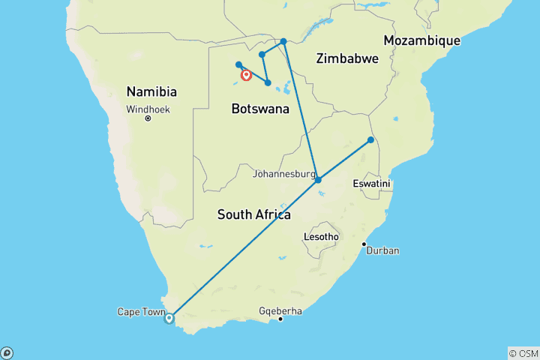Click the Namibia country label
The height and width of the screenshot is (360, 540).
151,92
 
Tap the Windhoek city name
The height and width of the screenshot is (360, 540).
148,109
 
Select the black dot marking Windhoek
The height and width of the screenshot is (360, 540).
148,118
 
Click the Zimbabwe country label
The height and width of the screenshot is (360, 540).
347,58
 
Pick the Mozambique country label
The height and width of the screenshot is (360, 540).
421,40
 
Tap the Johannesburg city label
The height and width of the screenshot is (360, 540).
283,174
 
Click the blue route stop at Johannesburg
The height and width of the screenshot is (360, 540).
318,180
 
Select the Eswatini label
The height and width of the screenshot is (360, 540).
373,184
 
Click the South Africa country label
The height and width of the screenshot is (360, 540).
253,214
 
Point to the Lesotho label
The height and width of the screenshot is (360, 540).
321,237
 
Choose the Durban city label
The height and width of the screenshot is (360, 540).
382,250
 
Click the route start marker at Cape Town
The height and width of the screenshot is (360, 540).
169,318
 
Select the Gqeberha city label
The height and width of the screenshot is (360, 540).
279,310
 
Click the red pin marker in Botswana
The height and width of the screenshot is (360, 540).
245,74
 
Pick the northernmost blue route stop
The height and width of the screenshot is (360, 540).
283,41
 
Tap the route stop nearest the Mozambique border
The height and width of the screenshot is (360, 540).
370,140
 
